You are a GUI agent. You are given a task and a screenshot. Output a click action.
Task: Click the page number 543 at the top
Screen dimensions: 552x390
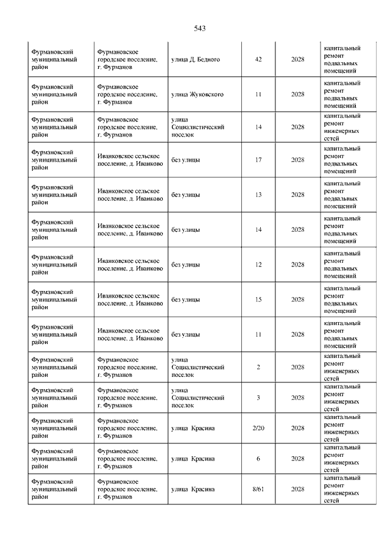pyautogui.click(x=200, y=28)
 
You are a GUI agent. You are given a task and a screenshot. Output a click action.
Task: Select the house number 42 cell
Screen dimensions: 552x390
pyautogui.click(x=258, y=60)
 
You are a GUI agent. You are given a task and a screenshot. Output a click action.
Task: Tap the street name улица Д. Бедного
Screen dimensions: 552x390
pyautogui.click(x=195, y=60)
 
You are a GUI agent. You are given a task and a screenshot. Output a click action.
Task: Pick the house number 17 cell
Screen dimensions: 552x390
pyautogui.click(x=258, y=160)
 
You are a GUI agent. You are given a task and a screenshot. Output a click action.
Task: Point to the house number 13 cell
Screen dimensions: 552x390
pyautogui.click(x=258, y=195)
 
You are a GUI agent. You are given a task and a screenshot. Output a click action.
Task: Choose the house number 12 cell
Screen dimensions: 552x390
pyautogui.click(x=258, y=265)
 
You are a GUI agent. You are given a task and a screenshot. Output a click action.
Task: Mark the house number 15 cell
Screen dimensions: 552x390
pyautogui.click(x=258, y=299)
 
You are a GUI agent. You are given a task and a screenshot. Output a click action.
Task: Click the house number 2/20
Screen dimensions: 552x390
pyautogui.click(x=258, y=429)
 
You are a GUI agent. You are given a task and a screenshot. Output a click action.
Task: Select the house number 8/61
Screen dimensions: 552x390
pyautogui.click(x=258, y=489)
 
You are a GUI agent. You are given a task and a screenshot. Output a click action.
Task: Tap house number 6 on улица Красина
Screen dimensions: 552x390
pyautogui.click(x=258, y=459)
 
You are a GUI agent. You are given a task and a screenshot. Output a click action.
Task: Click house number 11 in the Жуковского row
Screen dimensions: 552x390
pyautogui.click(x=258, y=95)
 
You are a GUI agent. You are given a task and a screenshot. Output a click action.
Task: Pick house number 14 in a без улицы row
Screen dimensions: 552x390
pyautogui.click(x=258, y=230)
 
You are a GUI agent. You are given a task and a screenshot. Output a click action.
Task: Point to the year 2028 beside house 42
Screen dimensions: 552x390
pyautogui.click(x=297, y=60)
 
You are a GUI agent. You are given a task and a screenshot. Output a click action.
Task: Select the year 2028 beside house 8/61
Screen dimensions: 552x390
pyautogui.click(x=297, y=489)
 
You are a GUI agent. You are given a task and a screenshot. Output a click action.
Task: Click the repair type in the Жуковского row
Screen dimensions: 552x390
pyautogui.click(x=342, y=95)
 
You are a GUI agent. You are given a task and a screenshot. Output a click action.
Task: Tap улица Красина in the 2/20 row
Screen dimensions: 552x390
pyautogui.click(x=193, y=429)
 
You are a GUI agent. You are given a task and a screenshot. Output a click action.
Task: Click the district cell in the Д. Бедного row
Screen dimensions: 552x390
pyautogui.click(x=55, y=60)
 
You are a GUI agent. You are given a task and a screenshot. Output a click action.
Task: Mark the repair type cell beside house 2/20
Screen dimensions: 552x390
pyautogui.click(x=342, y=429)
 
